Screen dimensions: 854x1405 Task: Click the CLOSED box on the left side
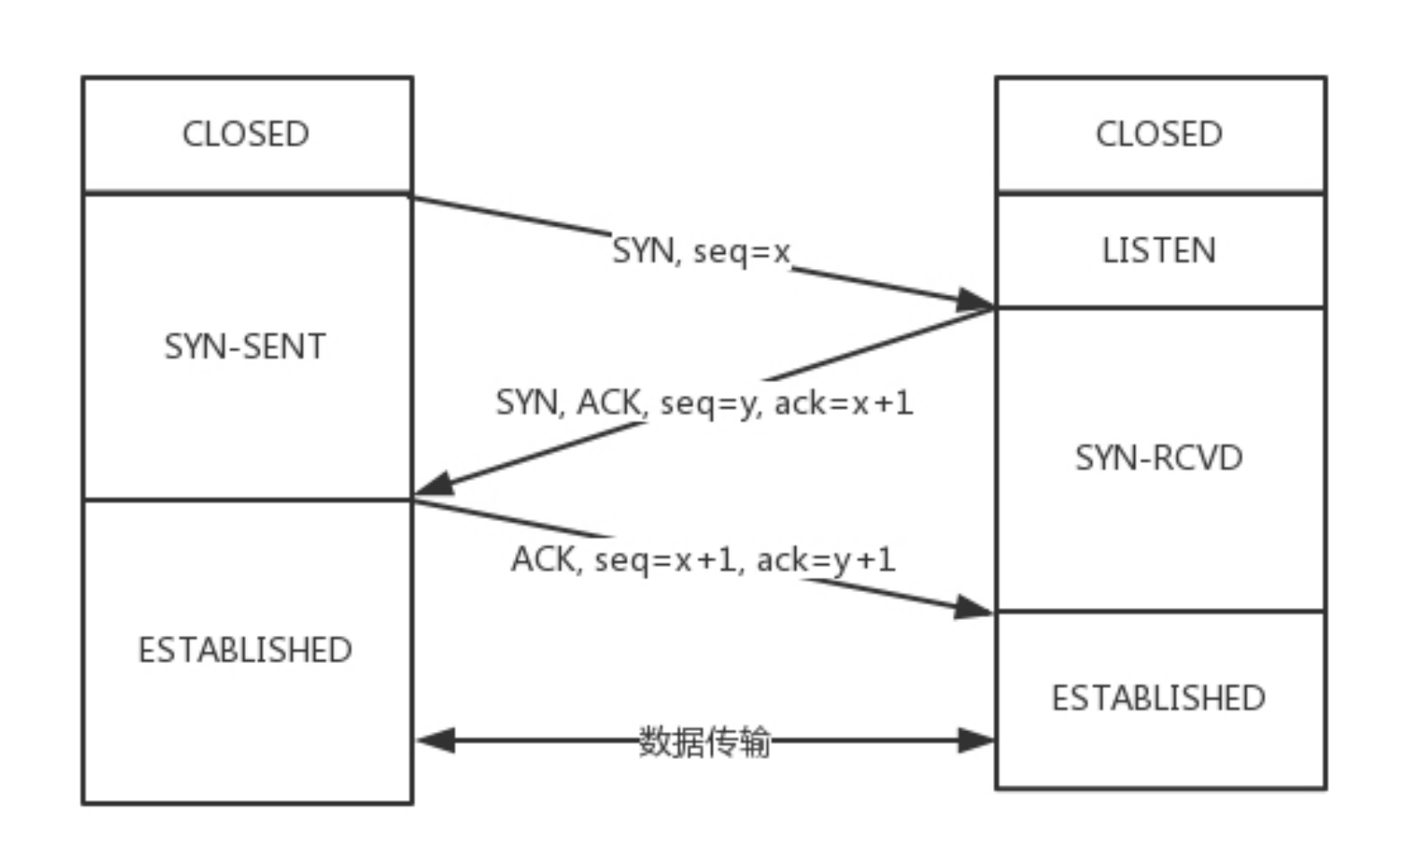point(246,135)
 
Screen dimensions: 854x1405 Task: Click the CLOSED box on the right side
point(1159,135)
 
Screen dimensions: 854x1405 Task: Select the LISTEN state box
point(1159,250)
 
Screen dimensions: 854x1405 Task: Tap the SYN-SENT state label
point(245,346)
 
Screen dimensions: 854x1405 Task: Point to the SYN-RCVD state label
point(1159,458)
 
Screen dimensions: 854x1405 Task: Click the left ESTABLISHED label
point(245,650)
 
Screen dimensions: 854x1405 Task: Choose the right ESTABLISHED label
point(1159,698)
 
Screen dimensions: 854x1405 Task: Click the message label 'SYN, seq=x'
point(701,250)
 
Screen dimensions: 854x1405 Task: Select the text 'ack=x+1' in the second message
point(843,403)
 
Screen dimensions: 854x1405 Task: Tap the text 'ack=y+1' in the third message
point(826,560)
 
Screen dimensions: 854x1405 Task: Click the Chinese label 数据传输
point(704,742)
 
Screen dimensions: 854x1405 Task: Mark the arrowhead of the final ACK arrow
point(973,607)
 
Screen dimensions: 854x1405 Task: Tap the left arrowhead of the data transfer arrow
point(436,741)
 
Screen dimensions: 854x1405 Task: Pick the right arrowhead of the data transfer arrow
point(976,741)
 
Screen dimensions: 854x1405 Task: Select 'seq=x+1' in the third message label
point(665,560)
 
